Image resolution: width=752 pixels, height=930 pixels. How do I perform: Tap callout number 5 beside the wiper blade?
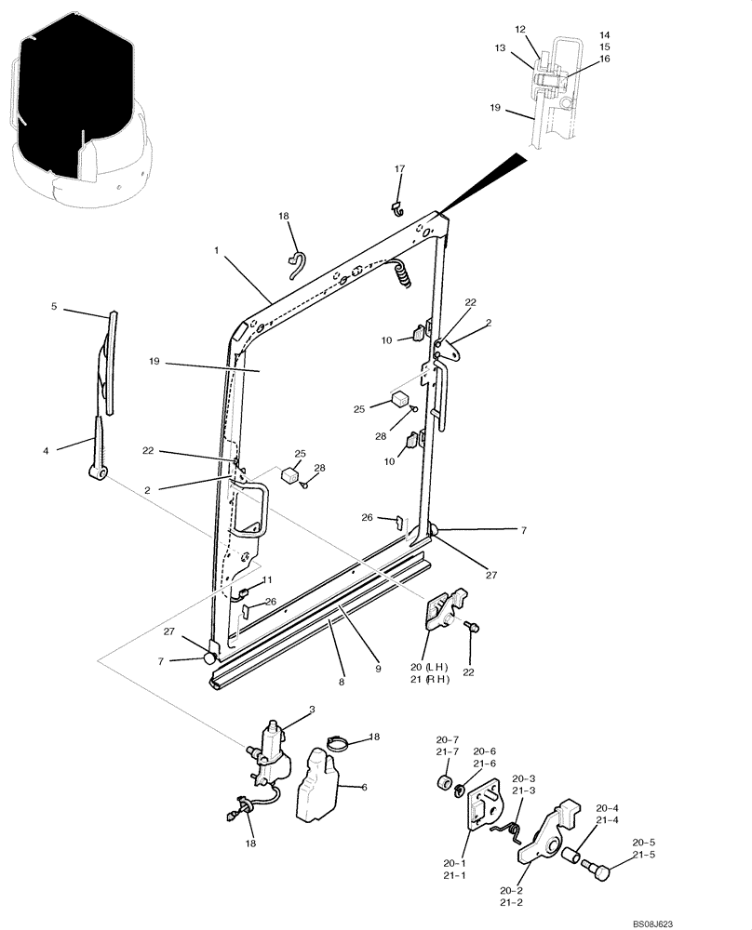point(53,306)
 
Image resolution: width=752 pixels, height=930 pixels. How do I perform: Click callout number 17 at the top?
point(399,169)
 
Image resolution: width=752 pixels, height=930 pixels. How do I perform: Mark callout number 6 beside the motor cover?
point(363,787)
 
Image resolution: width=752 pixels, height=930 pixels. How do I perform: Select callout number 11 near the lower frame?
point(266,579)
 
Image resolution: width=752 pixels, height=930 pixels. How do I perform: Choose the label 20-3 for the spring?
point(523,778)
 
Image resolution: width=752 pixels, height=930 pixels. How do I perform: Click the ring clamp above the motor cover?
point(342,742)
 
